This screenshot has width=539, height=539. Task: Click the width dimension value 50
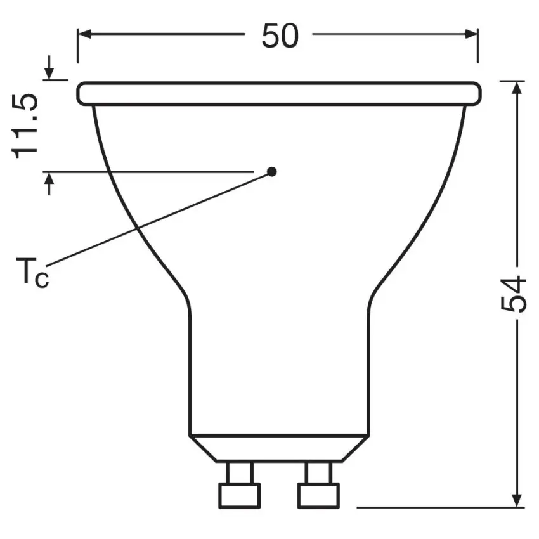(280, 37)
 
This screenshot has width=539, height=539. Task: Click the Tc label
(32, 273)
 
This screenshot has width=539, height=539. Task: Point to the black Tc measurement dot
(272, 171)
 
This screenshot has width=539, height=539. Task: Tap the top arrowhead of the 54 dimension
(518, 88)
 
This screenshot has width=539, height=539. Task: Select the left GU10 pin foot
(239, 495)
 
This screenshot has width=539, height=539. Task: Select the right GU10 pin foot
(318, 495)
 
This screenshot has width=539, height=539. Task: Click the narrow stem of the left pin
(239, 472)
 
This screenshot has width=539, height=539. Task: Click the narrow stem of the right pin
(318, 472)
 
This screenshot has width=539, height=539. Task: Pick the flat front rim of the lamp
(279, 93)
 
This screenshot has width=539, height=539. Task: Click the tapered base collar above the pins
(279, 448)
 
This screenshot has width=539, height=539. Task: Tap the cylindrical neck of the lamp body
(279, 368)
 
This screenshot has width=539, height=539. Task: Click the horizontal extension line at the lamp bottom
(438, 507)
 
